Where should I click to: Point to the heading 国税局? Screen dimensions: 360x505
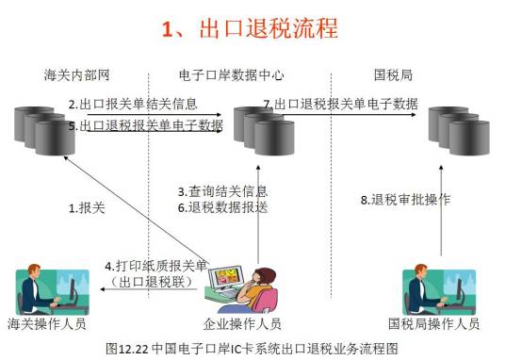click(394, 74)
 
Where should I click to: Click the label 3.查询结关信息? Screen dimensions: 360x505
click(222, 191)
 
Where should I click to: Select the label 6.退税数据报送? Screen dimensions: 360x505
click(222, 208)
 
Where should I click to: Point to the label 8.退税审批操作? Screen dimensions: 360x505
click(406, 200)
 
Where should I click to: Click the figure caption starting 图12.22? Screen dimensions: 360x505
click(252, 348)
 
